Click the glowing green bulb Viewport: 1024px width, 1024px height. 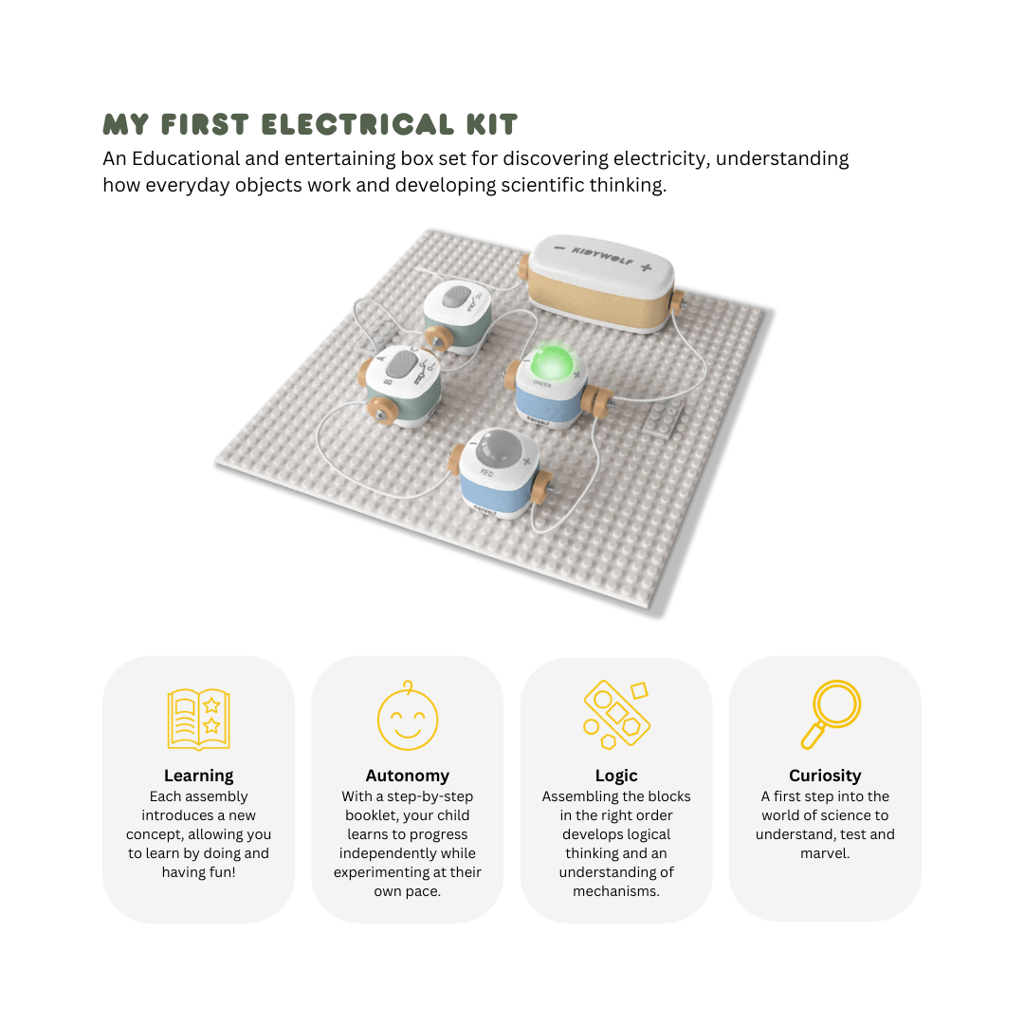point(552,363)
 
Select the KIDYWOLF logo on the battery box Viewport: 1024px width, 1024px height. point(602,255)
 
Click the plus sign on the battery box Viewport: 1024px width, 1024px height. point(646,267)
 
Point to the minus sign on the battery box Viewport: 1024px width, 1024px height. point(559,248)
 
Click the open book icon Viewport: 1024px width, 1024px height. point(198,719)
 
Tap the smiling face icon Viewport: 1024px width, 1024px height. point(408,716)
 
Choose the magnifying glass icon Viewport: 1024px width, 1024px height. point(831,714)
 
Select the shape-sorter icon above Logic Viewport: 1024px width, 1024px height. point(616,715)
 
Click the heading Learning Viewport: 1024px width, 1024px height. point(198,776)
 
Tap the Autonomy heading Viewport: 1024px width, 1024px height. point(408,776)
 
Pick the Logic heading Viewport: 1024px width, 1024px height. point(616,776)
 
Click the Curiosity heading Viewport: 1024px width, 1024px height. point(825,776)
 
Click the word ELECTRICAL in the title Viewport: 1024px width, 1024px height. point(357,124)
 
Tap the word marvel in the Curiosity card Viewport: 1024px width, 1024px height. point(825,853)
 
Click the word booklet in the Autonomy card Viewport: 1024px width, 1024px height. point(371,815)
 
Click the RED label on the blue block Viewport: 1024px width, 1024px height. point(487,472)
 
